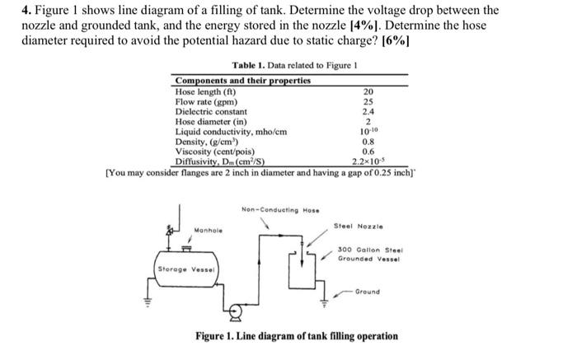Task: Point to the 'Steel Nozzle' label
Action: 358,225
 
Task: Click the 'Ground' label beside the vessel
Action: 368,291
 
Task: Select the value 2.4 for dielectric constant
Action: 368,111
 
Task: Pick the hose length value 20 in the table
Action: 368,92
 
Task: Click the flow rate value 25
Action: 368,102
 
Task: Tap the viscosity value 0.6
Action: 368,151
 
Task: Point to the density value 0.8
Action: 368,141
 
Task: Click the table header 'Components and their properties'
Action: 243,81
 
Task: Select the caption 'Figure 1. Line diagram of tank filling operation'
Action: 296,336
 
